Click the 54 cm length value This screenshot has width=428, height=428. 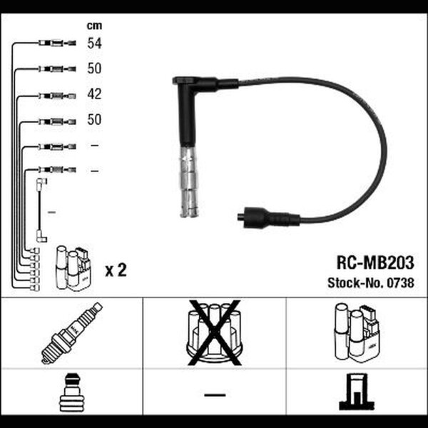coord(94,43)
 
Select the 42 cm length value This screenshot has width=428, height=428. coord(94,94)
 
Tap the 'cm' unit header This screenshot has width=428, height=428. coord(94,26)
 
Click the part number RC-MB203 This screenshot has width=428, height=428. coord(375,263)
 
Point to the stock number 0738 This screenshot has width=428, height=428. coord(400,282)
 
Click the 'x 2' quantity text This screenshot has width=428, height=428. coord(116,270)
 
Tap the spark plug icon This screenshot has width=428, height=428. coord(72,333)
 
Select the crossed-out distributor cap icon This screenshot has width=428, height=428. coord(214,332)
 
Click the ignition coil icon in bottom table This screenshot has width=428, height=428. coord(357,332)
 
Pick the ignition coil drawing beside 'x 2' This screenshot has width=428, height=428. coord(73,268)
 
